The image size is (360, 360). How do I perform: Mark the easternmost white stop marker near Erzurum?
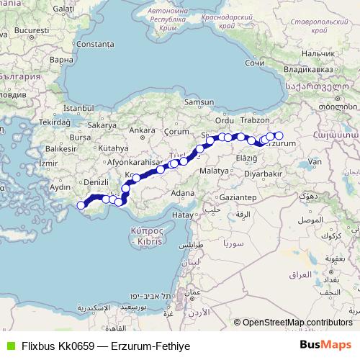(x=279, y=135)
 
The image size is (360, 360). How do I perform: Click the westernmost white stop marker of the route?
(x=81, y=206)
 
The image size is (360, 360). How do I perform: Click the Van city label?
(x=314, y=163)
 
